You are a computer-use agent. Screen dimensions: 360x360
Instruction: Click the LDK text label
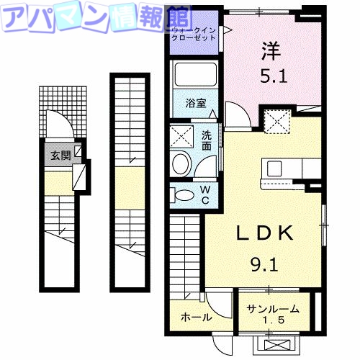coord(266,233)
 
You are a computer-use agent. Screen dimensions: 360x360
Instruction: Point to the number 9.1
coord(266,264)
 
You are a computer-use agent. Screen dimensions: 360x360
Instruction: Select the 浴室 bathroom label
coord(195,102)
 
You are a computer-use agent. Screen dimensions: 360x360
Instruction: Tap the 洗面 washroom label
coord(207,140)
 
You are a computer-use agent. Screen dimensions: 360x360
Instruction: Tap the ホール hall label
coord(195,317)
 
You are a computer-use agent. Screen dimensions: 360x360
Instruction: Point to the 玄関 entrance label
coord(60,155)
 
